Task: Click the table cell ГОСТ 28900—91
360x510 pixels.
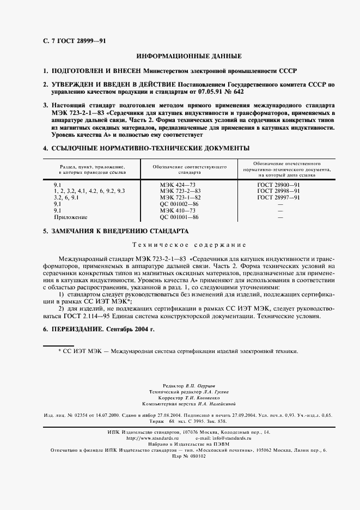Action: click(278, 185)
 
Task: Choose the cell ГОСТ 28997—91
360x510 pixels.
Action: click(278, 197)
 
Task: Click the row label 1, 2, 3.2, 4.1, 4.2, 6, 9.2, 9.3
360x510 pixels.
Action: click(89, 191)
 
